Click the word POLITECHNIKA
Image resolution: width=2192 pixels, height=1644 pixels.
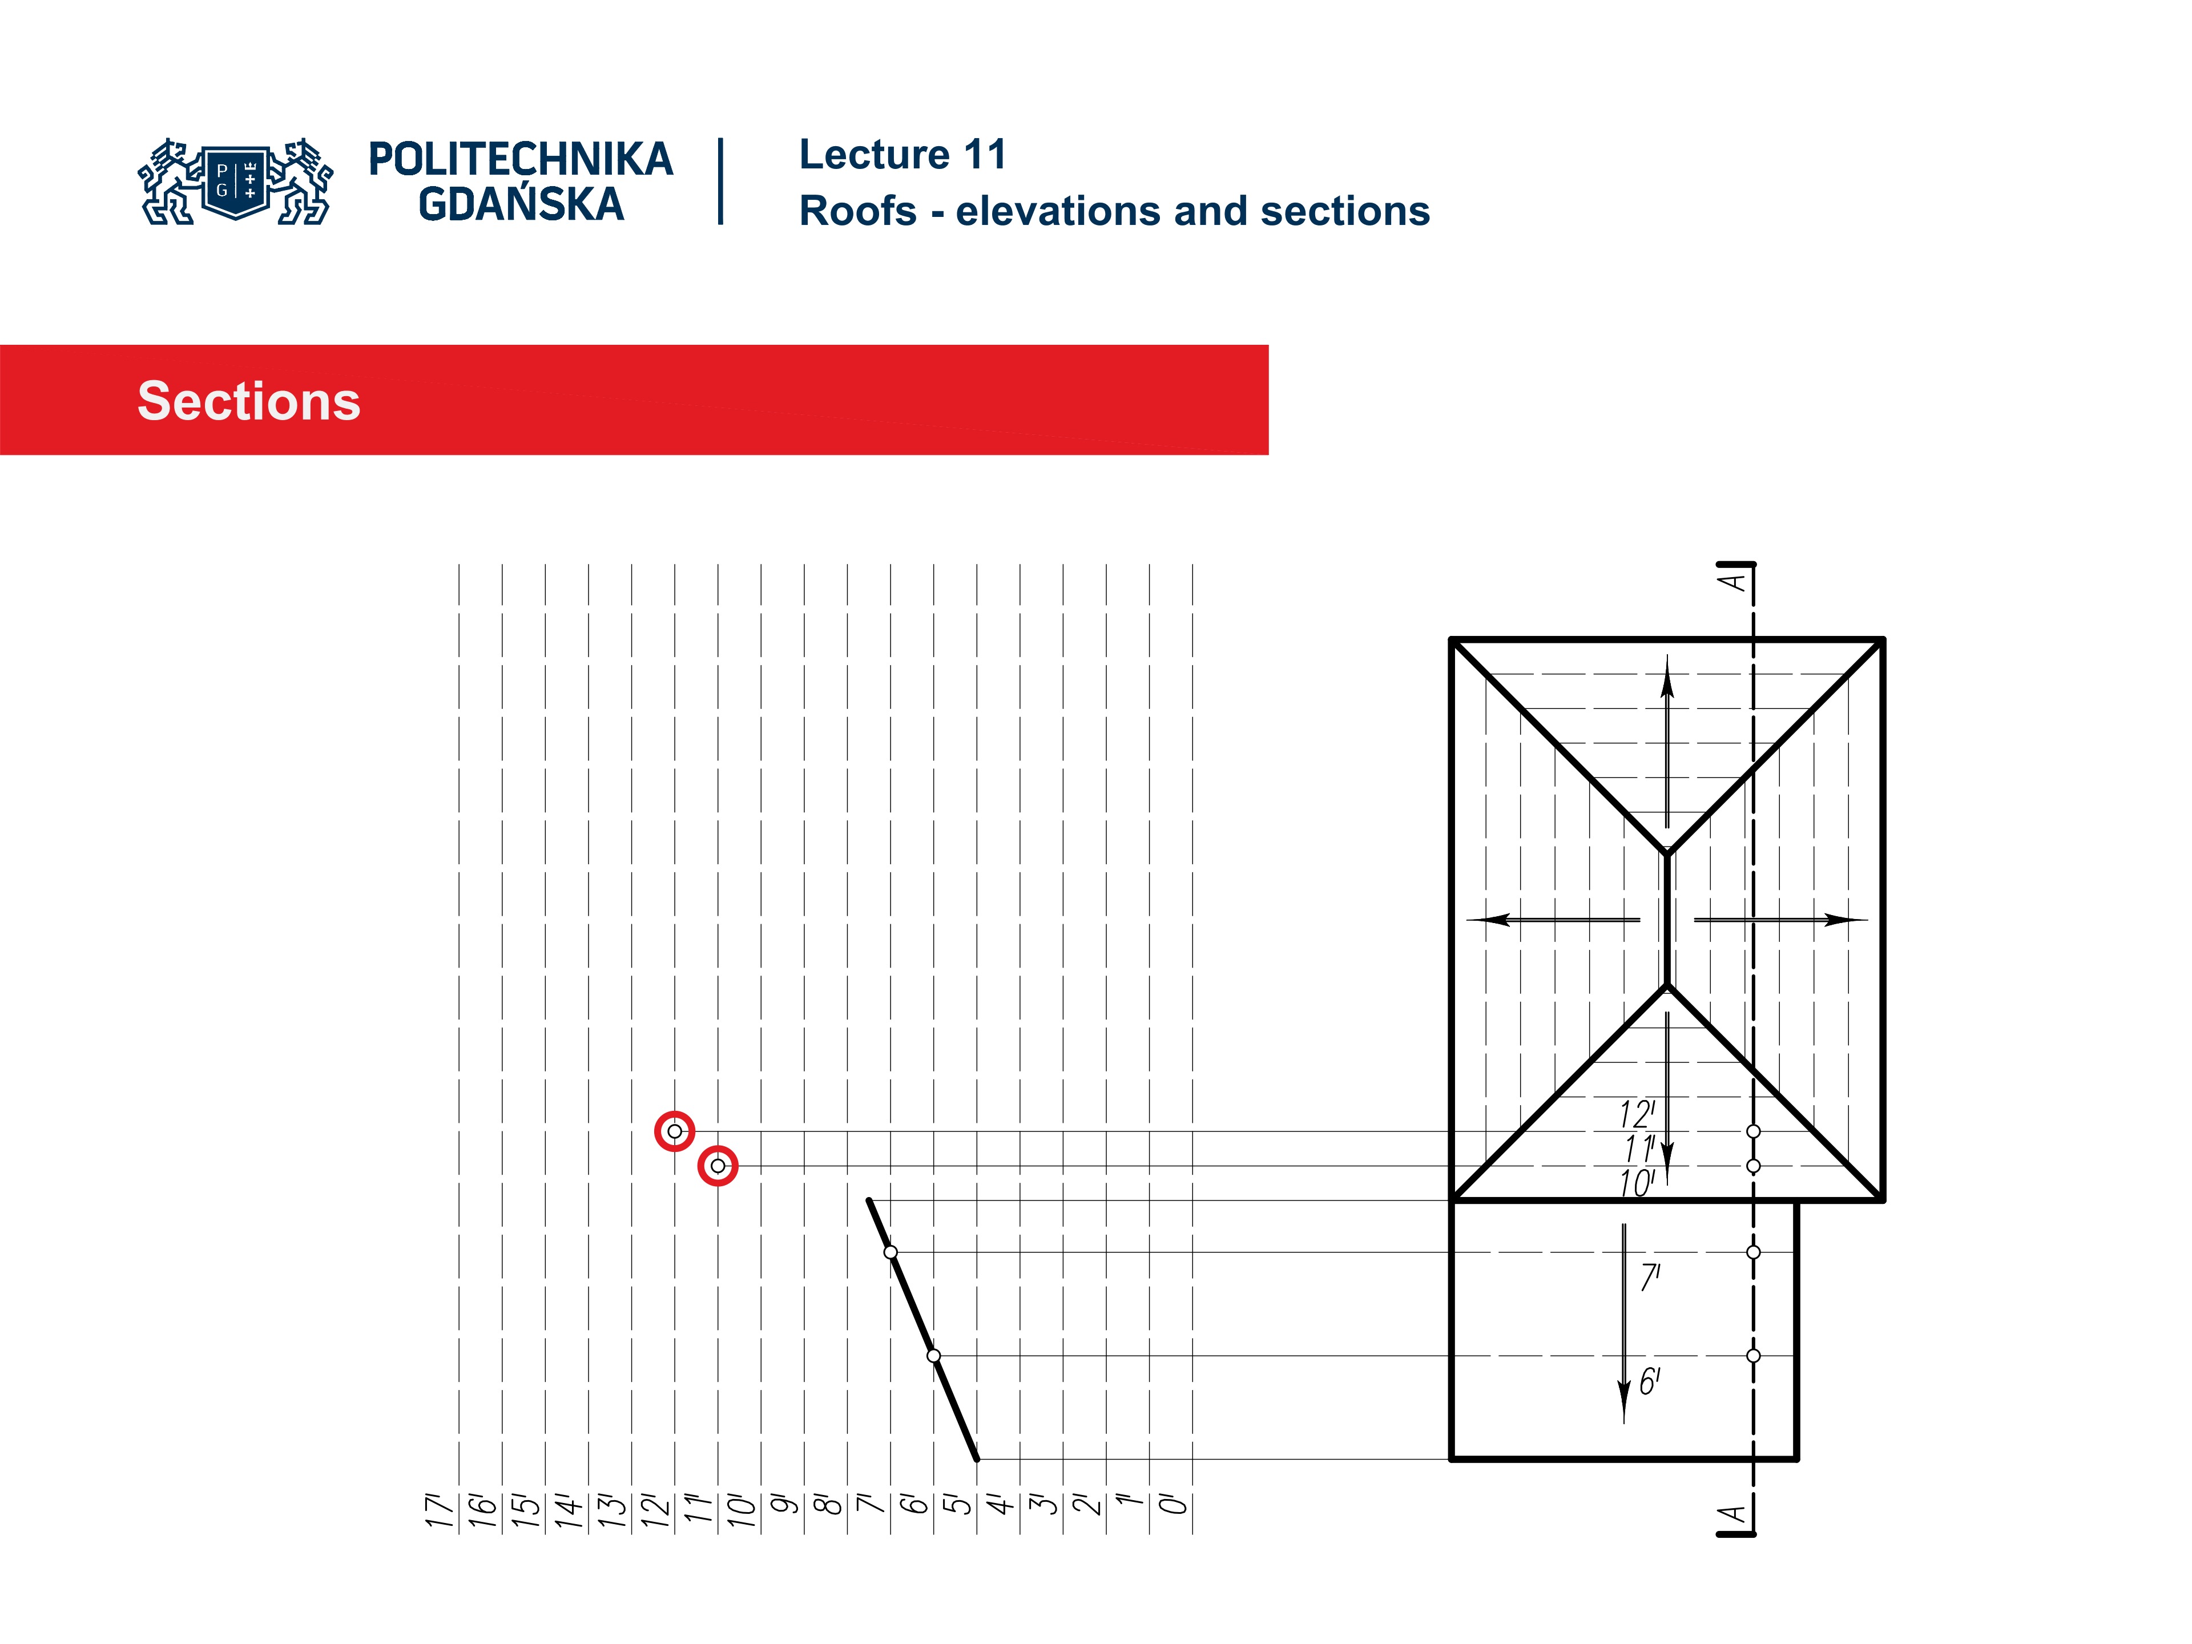tap(520, 159)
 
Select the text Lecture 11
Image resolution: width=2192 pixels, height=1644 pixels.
tap(902, 155)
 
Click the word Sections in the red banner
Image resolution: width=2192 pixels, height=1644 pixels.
tap(249, 401)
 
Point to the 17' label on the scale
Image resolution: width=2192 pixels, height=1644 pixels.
tap(439, 1510)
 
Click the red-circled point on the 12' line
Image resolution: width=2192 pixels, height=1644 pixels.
tap(675, 1131)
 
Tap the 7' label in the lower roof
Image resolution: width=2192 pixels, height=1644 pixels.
tap(1650, 1278)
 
